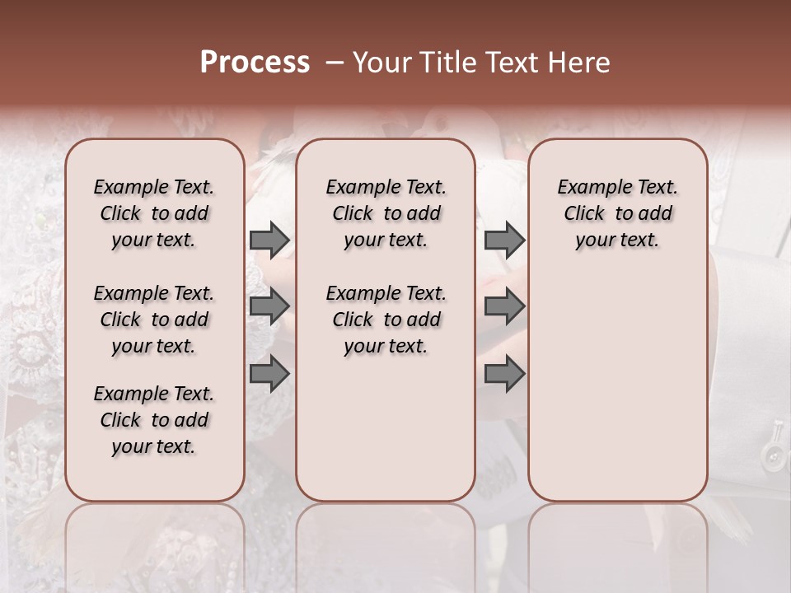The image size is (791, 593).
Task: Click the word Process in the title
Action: pos(255,63)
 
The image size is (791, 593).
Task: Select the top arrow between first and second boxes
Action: pos(269,240)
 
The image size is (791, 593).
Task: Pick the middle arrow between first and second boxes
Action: pos(269,306)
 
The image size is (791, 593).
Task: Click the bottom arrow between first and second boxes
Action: pos(269,374)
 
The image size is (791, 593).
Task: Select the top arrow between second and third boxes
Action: pos(504,240)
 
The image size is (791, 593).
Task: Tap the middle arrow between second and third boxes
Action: pos(504,306)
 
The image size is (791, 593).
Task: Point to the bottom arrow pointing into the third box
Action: pos(504,374)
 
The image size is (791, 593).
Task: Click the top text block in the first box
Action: pos(154,213)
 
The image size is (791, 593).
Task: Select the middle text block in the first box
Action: pos(154,320)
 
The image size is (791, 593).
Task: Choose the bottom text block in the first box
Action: pos(154,420)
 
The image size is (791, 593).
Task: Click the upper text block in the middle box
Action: pos(386,213)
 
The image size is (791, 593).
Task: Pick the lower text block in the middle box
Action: pos(386,320)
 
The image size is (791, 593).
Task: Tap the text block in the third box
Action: pos(618,213)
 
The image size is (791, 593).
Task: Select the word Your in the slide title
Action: pos(379,63)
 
